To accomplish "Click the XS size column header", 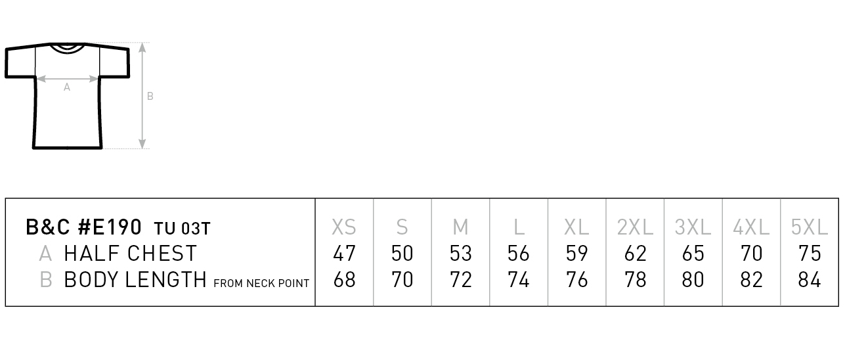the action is coord(343,227).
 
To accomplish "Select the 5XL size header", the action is coord(809,227).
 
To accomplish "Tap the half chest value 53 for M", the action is coord(461,253).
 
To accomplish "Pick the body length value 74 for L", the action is coord(518,280).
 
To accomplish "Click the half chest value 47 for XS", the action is coord(344,253).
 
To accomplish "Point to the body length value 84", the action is coord(809,280).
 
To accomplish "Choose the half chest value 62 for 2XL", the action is coord(636,253).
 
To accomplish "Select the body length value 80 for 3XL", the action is coord(693,280).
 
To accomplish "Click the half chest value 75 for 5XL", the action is coord(810,253).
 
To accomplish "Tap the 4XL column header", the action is coord(750,227).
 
